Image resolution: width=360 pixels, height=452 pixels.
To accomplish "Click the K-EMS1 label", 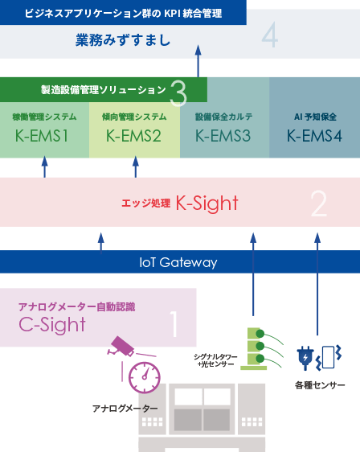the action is tap(42, 136).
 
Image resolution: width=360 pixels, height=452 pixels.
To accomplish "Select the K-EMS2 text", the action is tap(133, 136).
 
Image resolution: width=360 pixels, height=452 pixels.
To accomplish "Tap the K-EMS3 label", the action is tap(223, 136).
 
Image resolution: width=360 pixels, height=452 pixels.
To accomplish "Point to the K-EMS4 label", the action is tap(314, 136).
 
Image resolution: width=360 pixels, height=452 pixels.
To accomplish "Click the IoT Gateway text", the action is tap(178, 263).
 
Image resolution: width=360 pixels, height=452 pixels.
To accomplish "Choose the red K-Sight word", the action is tap(207, 203).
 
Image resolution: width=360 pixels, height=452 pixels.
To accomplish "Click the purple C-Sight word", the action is tap(52, 325).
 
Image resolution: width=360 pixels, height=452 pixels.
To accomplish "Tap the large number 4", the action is tap(270, 35).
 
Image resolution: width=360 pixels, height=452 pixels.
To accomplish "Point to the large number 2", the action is tap(319, 203).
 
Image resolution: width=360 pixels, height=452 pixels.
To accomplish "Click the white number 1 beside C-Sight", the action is tap(174, 324).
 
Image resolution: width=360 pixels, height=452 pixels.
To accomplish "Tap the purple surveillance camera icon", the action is tap(121, 346).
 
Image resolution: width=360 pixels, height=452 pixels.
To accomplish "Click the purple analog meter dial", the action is tap(144, 378).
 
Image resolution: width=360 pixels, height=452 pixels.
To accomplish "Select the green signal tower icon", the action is tap(254, 348).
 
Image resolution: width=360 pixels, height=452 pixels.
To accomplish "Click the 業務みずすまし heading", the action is tap(123, 39).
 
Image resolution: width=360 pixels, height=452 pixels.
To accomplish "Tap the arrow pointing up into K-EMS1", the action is tap(45, 167).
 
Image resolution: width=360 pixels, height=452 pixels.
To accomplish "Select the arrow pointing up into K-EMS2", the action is tap(136, 167).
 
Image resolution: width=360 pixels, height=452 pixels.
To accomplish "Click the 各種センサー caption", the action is tap(320, 385).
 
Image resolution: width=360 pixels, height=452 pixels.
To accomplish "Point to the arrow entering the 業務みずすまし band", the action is tap(198, 61).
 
